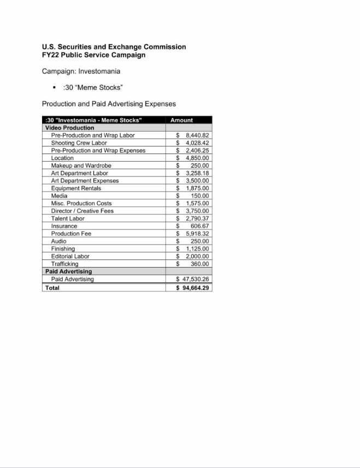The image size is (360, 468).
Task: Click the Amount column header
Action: click(x=181, y=120)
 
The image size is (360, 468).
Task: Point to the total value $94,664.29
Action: click(x=193, y=288)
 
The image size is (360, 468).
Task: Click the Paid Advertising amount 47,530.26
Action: click(x=193, y=279)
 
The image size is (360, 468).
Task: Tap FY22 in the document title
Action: click(x=51, y=55)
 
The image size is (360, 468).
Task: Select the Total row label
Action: click(x=52, y=288)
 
